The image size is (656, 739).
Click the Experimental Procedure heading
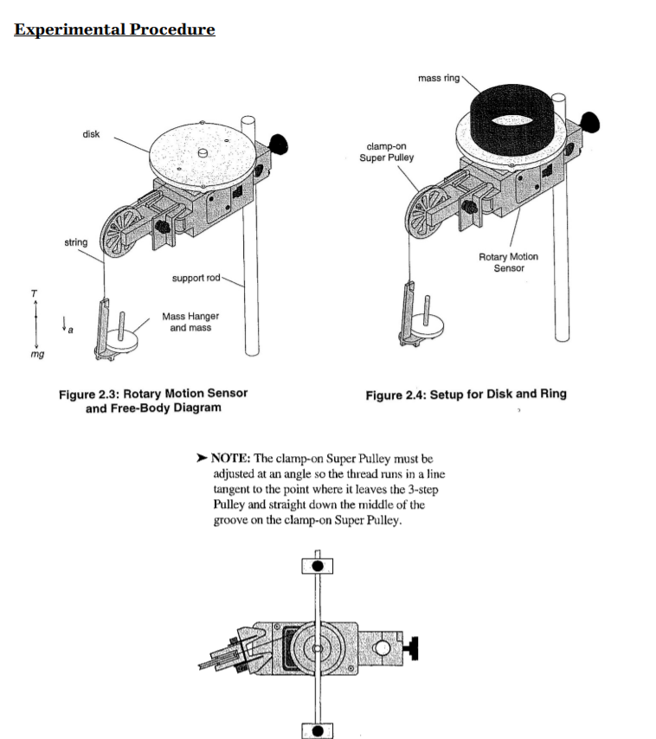(114, 29)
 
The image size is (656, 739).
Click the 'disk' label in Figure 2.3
(91, 134)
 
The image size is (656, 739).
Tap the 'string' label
(76, 242)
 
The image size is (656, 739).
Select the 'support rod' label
(196, 278)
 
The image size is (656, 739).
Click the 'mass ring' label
(439, 78)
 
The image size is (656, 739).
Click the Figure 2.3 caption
(153, 400)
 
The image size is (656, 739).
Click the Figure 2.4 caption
(466, 394)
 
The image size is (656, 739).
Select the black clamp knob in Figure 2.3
(280, 143)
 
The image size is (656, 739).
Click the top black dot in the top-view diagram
(318, 566)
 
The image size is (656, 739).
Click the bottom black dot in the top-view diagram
(318, 729)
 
